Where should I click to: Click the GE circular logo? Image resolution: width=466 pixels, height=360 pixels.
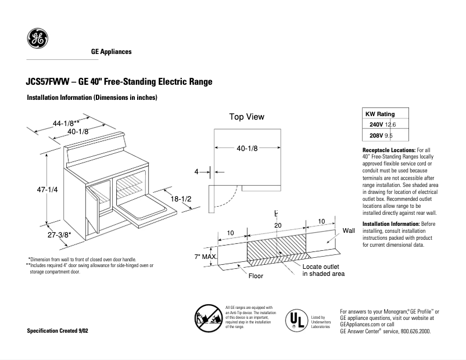(x=38, y=39)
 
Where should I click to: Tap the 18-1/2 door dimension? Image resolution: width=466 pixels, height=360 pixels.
(x=181, y=199)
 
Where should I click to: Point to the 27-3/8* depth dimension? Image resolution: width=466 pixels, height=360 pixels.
(x=58, y=235)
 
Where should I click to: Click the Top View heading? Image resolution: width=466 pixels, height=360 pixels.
(x=246, y=117)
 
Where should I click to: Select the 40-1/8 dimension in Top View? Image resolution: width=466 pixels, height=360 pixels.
(x=247, y=148)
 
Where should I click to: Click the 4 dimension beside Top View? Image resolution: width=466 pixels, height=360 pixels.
(x=196, y=172)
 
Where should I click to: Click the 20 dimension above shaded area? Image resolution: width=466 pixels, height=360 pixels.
(x=278, y=224)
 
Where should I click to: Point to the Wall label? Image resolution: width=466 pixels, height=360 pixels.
(x=349, y=231)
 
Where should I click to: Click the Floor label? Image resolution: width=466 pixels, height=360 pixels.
(x=256, y=276)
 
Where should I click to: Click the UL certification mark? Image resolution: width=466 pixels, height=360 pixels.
(x=297, y=319)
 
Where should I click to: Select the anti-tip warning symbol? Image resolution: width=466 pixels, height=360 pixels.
(x=207, y=317)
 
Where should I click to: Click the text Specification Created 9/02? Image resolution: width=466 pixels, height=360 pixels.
(x=58, y=330)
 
